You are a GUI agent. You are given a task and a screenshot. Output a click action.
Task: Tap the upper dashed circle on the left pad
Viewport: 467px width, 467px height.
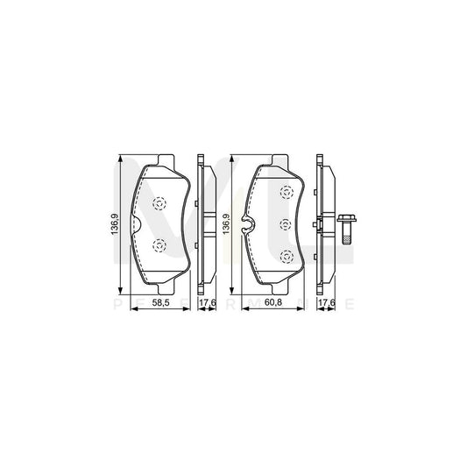point(159,204)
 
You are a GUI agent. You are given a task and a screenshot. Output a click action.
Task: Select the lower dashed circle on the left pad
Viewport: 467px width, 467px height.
point(159,246)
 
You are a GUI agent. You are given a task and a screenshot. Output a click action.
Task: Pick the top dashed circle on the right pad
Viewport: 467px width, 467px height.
point(285,195)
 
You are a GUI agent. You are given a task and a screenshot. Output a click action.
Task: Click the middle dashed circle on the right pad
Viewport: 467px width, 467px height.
point(285,225)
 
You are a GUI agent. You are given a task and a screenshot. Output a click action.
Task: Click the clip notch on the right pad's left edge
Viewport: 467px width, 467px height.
point(250,230)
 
